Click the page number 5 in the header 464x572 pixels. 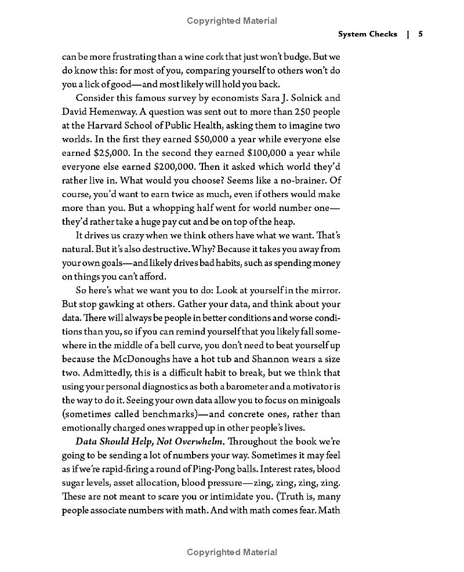coord(420,34)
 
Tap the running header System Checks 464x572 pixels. coord(368,34)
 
